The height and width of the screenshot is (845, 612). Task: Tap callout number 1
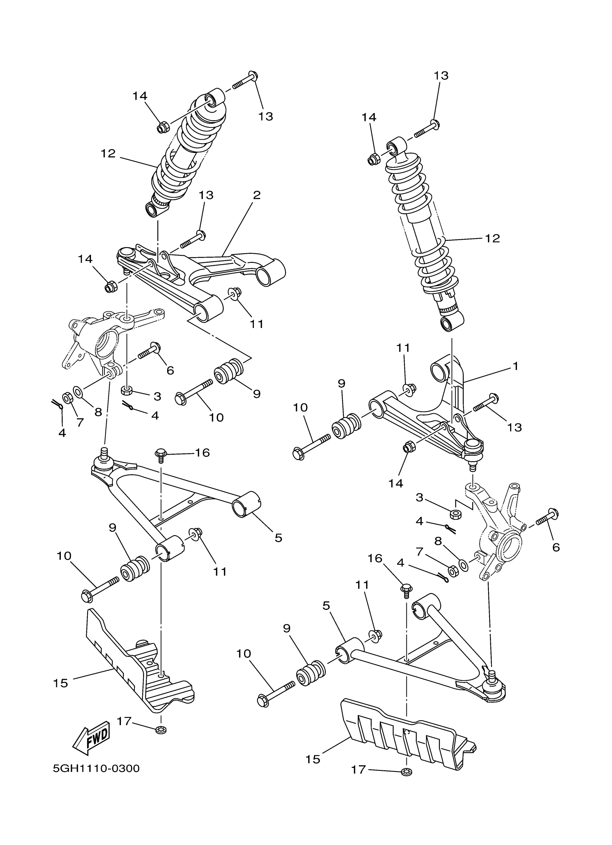click(x=516, y=366)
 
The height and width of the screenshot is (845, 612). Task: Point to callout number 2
click(x=257, y=195)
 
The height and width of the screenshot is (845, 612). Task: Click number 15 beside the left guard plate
click(x=60, y=684)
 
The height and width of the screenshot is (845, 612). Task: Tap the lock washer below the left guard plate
click(x=161, y=729)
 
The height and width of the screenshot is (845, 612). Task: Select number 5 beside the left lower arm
click(x=278, y=538)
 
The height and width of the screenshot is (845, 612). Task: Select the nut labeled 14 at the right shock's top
click(x=373, y=160)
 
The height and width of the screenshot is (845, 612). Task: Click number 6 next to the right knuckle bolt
click(x=556, y=547)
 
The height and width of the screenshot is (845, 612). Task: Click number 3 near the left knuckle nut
click(x=157, y=396)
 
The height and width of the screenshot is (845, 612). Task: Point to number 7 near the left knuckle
click(x=80, y=422)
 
